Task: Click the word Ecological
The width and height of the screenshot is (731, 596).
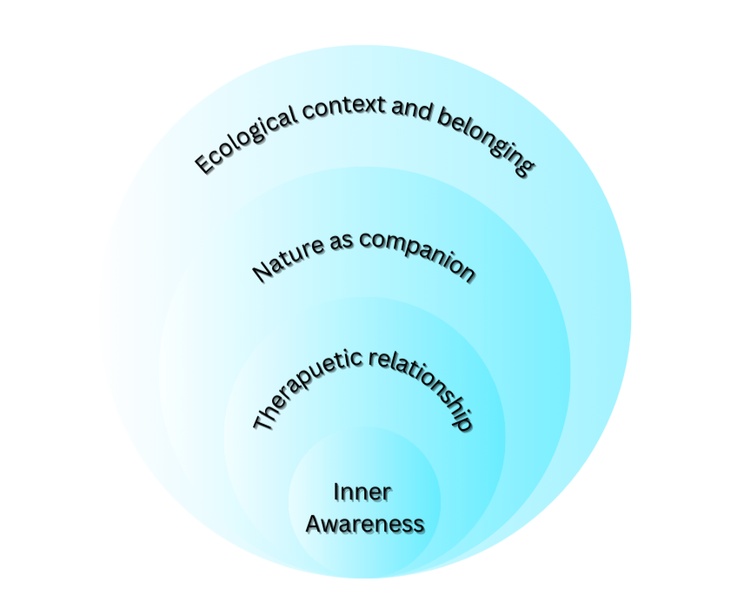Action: [x=243, y=139]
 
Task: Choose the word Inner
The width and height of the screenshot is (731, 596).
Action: [x=362, y=493]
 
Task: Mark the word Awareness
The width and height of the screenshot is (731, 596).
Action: [x=365, y=525]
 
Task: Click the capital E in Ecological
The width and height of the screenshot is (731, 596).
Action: [x=203, y=163]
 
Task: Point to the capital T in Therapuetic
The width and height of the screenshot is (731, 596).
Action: [x=262, y=422]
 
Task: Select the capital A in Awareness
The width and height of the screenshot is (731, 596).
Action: [x=315, y=525]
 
